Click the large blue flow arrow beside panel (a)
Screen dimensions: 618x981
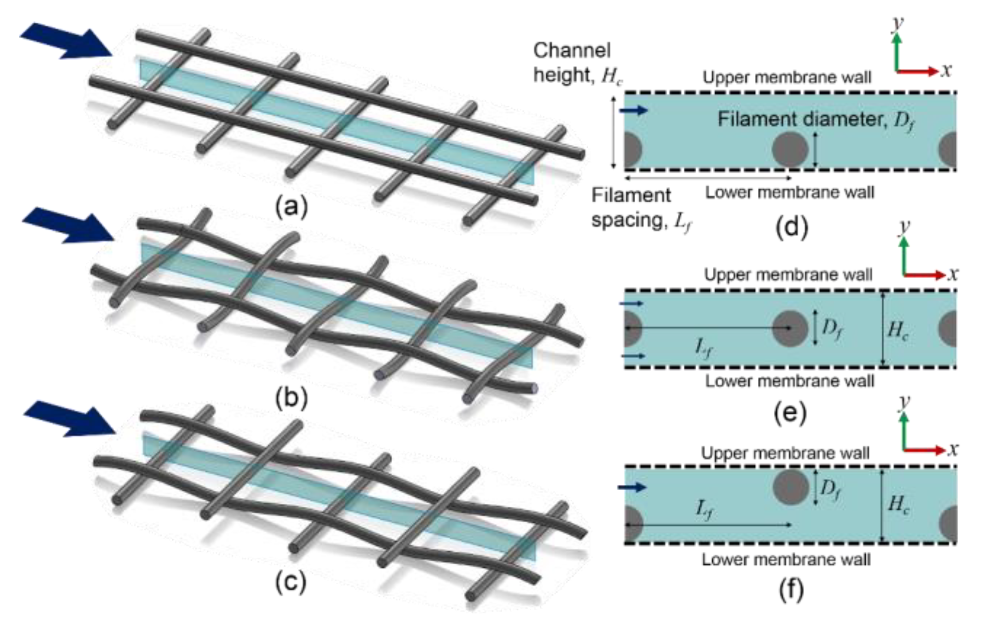68,41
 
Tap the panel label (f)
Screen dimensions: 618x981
791,589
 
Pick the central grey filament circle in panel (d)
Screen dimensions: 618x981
790,149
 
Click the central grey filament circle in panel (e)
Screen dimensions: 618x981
790,328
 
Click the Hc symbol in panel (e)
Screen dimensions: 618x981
898,330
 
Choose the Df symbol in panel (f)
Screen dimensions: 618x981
830,488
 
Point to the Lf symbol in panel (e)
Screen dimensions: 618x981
704,347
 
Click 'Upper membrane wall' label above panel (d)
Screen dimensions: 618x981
787,77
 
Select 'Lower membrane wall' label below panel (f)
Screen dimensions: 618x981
786,559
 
